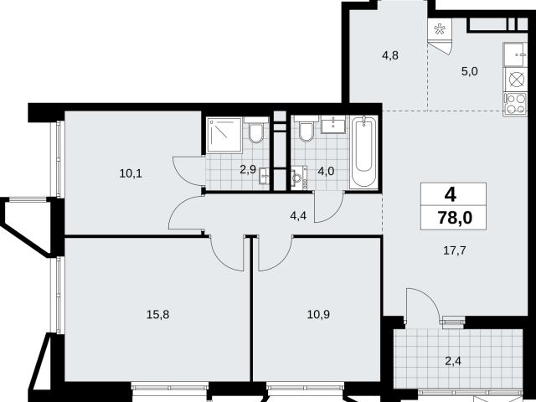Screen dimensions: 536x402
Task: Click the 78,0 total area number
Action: (x=455, y=218)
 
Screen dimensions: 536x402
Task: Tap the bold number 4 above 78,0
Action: (x=451, y=195)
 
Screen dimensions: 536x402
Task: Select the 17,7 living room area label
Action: (x=454, y=251)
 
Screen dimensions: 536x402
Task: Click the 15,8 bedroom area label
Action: (x=158, y=315)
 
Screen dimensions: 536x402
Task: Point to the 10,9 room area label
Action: (x=318, y=315)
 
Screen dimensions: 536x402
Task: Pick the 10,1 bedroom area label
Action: (x=131, y=173)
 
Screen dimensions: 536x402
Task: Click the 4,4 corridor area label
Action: (x=298, y=216)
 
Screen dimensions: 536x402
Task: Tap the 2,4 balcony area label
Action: (x=453, y=361)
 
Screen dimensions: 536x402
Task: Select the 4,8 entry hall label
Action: (x=390, y=55)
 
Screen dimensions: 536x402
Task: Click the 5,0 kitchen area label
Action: (x=470, y=71)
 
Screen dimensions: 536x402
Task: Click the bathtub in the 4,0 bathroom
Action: (x=363, y=152)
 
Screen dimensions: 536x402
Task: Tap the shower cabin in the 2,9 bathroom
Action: (x=224, y=135)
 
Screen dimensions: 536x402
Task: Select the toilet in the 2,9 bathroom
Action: (x=256, y=130)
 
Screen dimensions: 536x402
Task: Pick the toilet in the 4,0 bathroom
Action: (x=307, y=128)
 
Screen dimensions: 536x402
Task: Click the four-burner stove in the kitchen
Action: (x=515, y=104)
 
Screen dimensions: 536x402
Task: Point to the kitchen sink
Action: (x=515, y=54)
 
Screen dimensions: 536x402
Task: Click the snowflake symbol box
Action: (x=440, y=30)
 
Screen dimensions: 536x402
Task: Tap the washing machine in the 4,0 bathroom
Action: (x=299, y=177)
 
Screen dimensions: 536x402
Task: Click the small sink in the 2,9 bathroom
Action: (x=265, y=177)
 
